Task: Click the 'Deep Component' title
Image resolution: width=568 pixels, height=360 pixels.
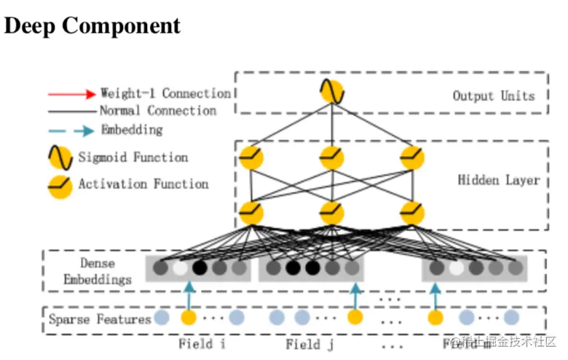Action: pyautogui.click(x=92, y=26)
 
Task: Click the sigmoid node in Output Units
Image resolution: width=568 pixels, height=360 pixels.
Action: pyautogui.click(x=331, y=92)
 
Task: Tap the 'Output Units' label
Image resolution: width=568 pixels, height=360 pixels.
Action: pyautogui.click(x=493, y=95)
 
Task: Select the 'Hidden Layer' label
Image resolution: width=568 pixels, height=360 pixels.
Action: pyautogui.click(x=498, y=179)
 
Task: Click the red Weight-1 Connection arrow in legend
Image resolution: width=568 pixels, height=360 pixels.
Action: pyautogui.click(x=71, y=94)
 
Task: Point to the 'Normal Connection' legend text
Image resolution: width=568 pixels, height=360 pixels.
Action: pyautogui.click(x=158, y=111)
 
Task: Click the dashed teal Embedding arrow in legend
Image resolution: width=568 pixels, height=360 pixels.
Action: pyautogui.click(x=71, y=130)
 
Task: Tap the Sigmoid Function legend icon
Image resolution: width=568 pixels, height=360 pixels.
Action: pyautogui.click(x=60, y=157)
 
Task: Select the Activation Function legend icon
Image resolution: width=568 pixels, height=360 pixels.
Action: pyautogui.click(x=60, y=185)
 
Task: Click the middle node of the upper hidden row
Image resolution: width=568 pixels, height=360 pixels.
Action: pyautogui.click(x=331, y=157)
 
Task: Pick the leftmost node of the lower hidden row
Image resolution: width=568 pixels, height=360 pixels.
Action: pyautogui.click(x=251, y=213)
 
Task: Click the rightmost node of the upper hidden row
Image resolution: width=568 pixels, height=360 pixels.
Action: pyautogui.click(x=412, y=157)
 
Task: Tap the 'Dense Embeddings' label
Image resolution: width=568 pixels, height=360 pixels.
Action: pyautogui.click(x=97, y=272)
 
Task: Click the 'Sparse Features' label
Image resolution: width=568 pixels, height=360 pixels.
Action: pyautogui.click(x=100, y=318)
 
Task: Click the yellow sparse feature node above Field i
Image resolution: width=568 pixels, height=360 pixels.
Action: pyautogui.click(x=189, y=318)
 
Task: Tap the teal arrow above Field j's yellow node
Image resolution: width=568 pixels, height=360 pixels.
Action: pyautogui.click(x=355, y=296)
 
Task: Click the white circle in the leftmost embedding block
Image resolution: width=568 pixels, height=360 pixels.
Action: pyautogui.click(x=180, y=268)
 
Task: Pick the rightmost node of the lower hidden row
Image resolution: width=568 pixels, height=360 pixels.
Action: pyautogui.click(x=412, y=213)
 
